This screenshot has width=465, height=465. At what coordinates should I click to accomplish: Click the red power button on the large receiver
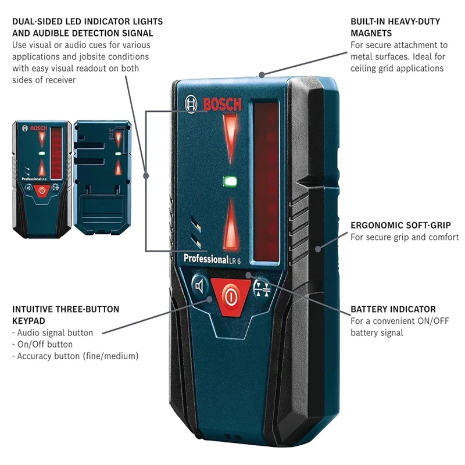coord(231,296)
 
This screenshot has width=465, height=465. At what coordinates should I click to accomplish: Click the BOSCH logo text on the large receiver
coord(221,105)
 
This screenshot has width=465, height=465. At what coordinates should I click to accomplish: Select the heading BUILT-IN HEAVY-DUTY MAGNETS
coord(395,27)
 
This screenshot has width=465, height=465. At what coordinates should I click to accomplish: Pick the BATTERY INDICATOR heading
coord(393,309)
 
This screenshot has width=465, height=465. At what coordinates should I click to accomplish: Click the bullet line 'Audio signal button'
coord(52,333)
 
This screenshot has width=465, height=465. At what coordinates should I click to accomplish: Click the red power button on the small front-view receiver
coord(41,191)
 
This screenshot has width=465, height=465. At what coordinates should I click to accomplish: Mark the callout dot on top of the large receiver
coord(262,74)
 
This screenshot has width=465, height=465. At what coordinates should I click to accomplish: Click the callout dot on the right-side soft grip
coord(317,249)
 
